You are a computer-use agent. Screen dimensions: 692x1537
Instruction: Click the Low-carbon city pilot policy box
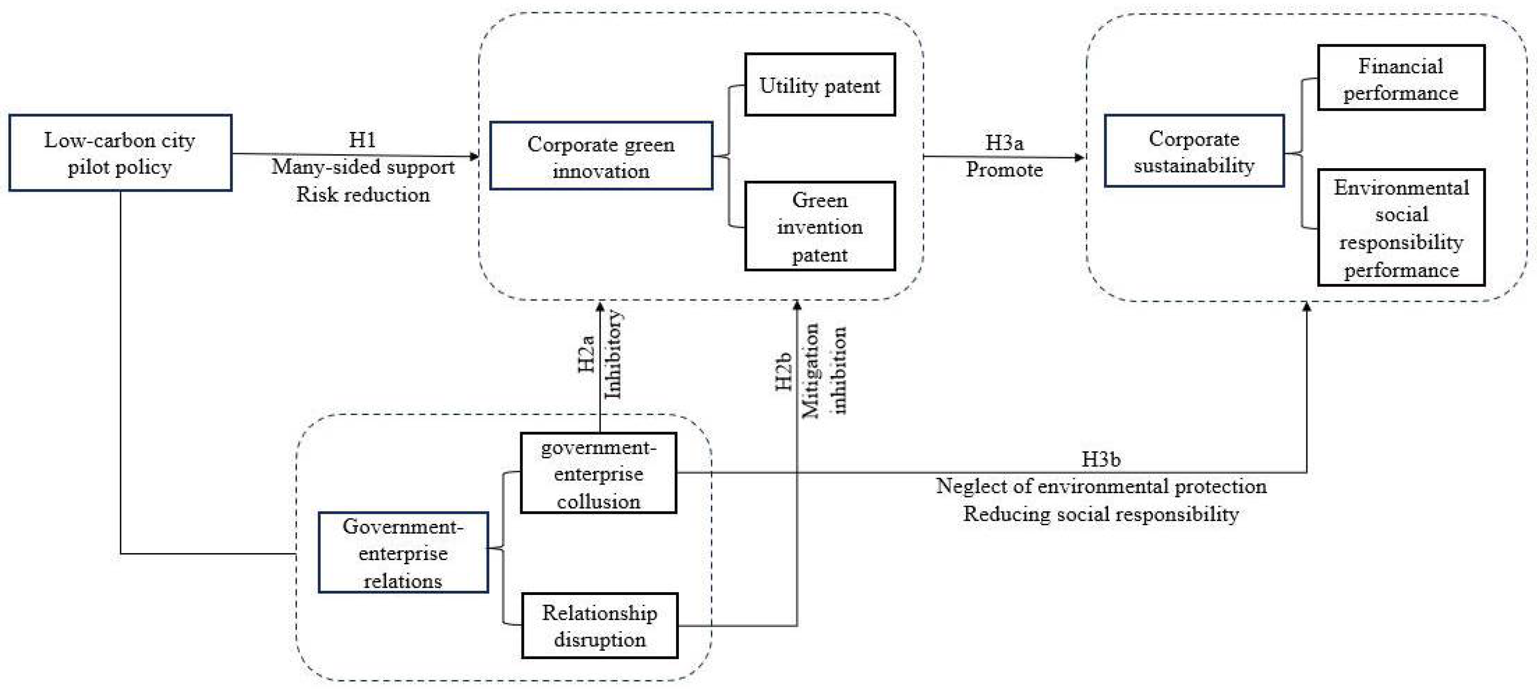pos(120,153)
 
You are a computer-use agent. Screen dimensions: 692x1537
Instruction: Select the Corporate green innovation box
pos(601,156)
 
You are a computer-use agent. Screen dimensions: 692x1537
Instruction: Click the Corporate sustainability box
pos(1193,151)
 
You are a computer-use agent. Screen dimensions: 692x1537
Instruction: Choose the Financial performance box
pos(1400,78)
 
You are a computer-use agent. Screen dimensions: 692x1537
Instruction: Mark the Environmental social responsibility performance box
pos(1400,228)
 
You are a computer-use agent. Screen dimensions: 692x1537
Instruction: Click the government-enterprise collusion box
pos(598,473)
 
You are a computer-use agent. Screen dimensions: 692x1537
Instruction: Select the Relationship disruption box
pos(599,625)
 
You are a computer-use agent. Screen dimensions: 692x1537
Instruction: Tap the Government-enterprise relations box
pos(403,552)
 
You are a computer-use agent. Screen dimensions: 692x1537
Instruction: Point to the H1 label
pos(362,140)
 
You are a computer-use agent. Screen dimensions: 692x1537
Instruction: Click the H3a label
pos(1004,143)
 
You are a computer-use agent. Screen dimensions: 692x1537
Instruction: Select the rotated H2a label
pos(587,353)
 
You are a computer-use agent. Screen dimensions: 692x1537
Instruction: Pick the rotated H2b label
pos(783,371)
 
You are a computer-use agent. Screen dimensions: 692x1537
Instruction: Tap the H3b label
pos(1101,459)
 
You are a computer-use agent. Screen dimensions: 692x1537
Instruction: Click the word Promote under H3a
pos(1004,170)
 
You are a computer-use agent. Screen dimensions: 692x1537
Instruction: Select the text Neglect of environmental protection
pos(1101,486)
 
